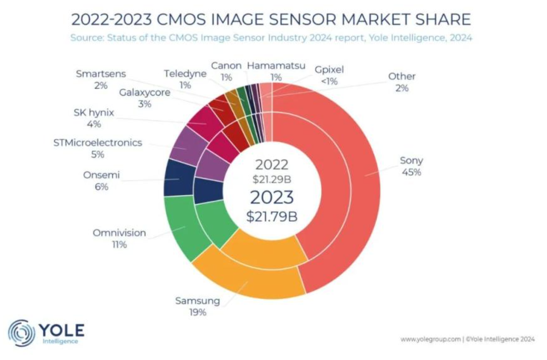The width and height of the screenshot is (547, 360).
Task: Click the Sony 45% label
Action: pyautogui.click(x=411, y=166)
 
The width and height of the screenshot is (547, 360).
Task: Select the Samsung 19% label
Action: pyautogui.click(x=198, y=306)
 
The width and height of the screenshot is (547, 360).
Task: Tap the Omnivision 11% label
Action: pyautogui.click(x=119, y=238)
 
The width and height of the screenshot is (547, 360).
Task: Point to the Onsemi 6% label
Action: pyautogui.click(x=101, y=181)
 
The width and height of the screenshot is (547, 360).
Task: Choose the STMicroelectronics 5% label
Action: pyautogui.click(x=98, y=148)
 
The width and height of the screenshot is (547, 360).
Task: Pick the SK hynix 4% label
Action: pyautogui.click(x=94, y=118)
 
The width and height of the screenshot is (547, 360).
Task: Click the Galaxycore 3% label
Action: pyautogui.click(x=145, y=98)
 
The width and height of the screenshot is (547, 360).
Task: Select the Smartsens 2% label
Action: pyautogui.click(x=101, y=79)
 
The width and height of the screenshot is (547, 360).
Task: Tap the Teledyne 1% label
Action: pyautogui.click(x=185, y=79)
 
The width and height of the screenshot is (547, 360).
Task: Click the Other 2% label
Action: pyautogui.click(x=402, y=82)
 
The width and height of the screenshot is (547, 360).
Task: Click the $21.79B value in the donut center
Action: pyautogui.click(x=271, y=216)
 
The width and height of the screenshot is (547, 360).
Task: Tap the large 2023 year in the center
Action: pyautogui.click(x=271, y=198)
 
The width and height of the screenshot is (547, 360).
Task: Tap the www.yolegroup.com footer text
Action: pyautogui.click(x=430, y=339)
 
